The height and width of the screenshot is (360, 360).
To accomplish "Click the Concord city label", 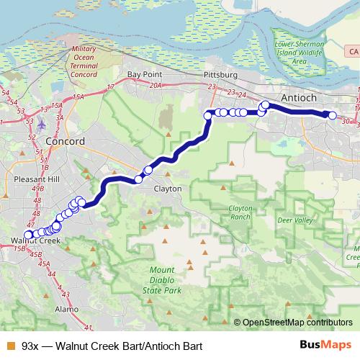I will [65, 141].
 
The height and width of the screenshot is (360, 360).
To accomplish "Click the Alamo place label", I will [66, 309].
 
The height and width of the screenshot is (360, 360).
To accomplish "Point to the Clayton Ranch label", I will [240, 212].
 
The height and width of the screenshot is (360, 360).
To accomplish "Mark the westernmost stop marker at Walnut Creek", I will [28, 235].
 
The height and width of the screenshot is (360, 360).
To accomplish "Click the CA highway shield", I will [352, 53].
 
